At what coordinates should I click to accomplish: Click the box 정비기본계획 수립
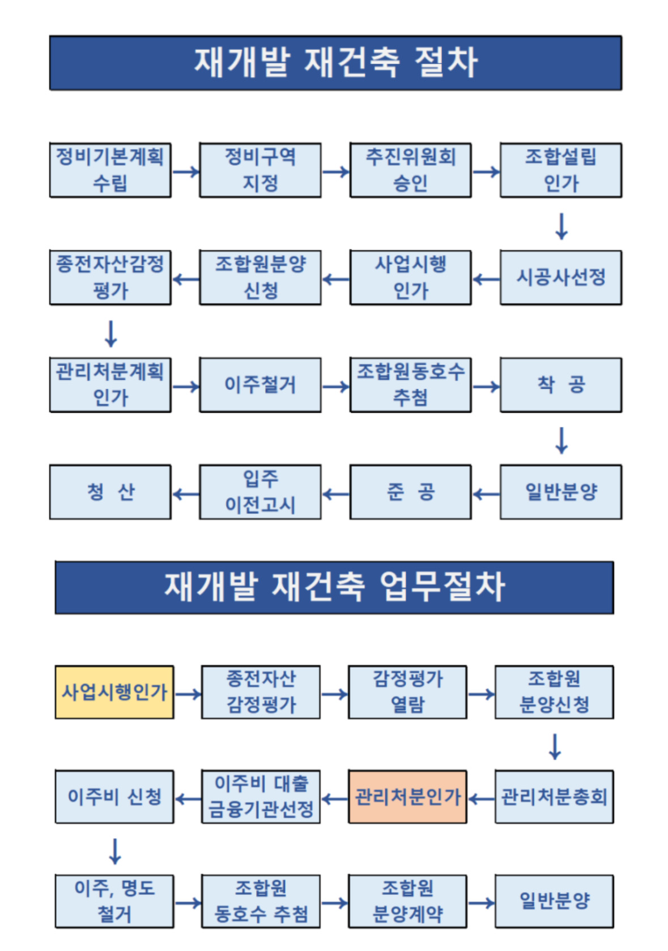(x=110, y=170)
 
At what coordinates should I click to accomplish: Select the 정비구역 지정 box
(x=260, y=170)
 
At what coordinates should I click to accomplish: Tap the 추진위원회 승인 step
(x=410, y=170)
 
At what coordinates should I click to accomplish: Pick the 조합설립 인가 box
(x=561, y=170)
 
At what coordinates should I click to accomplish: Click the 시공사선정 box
(x=561, y=278)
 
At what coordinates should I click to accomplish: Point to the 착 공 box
(x=561, y=385)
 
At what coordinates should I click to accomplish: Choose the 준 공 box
(x=410, y=492)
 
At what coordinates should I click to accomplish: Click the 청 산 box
(x=110, y=492)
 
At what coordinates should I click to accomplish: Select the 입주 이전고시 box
(x=260, y=492)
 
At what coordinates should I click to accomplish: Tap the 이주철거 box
(x=260, y=385)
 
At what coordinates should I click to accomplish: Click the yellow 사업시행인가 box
(x=114, y=693)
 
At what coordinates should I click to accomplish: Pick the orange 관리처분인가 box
(x=407, y=797)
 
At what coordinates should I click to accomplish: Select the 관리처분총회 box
(x=554, y=797)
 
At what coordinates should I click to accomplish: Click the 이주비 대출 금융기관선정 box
(x=261, y=797)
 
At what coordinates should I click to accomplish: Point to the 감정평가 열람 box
(x=407, y=693)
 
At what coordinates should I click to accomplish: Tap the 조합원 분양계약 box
(x=407, y=901)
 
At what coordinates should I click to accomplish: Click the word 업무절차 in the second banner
(x=443, y=587)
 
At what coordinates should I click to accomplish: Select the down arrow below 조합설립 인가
(x=561, y=226)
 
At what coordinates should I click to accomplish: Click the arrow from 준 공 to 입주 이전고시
(x=335, y=494)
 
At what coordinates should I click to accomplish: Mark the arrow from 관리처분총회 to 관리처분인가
(x=481, y=799)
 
